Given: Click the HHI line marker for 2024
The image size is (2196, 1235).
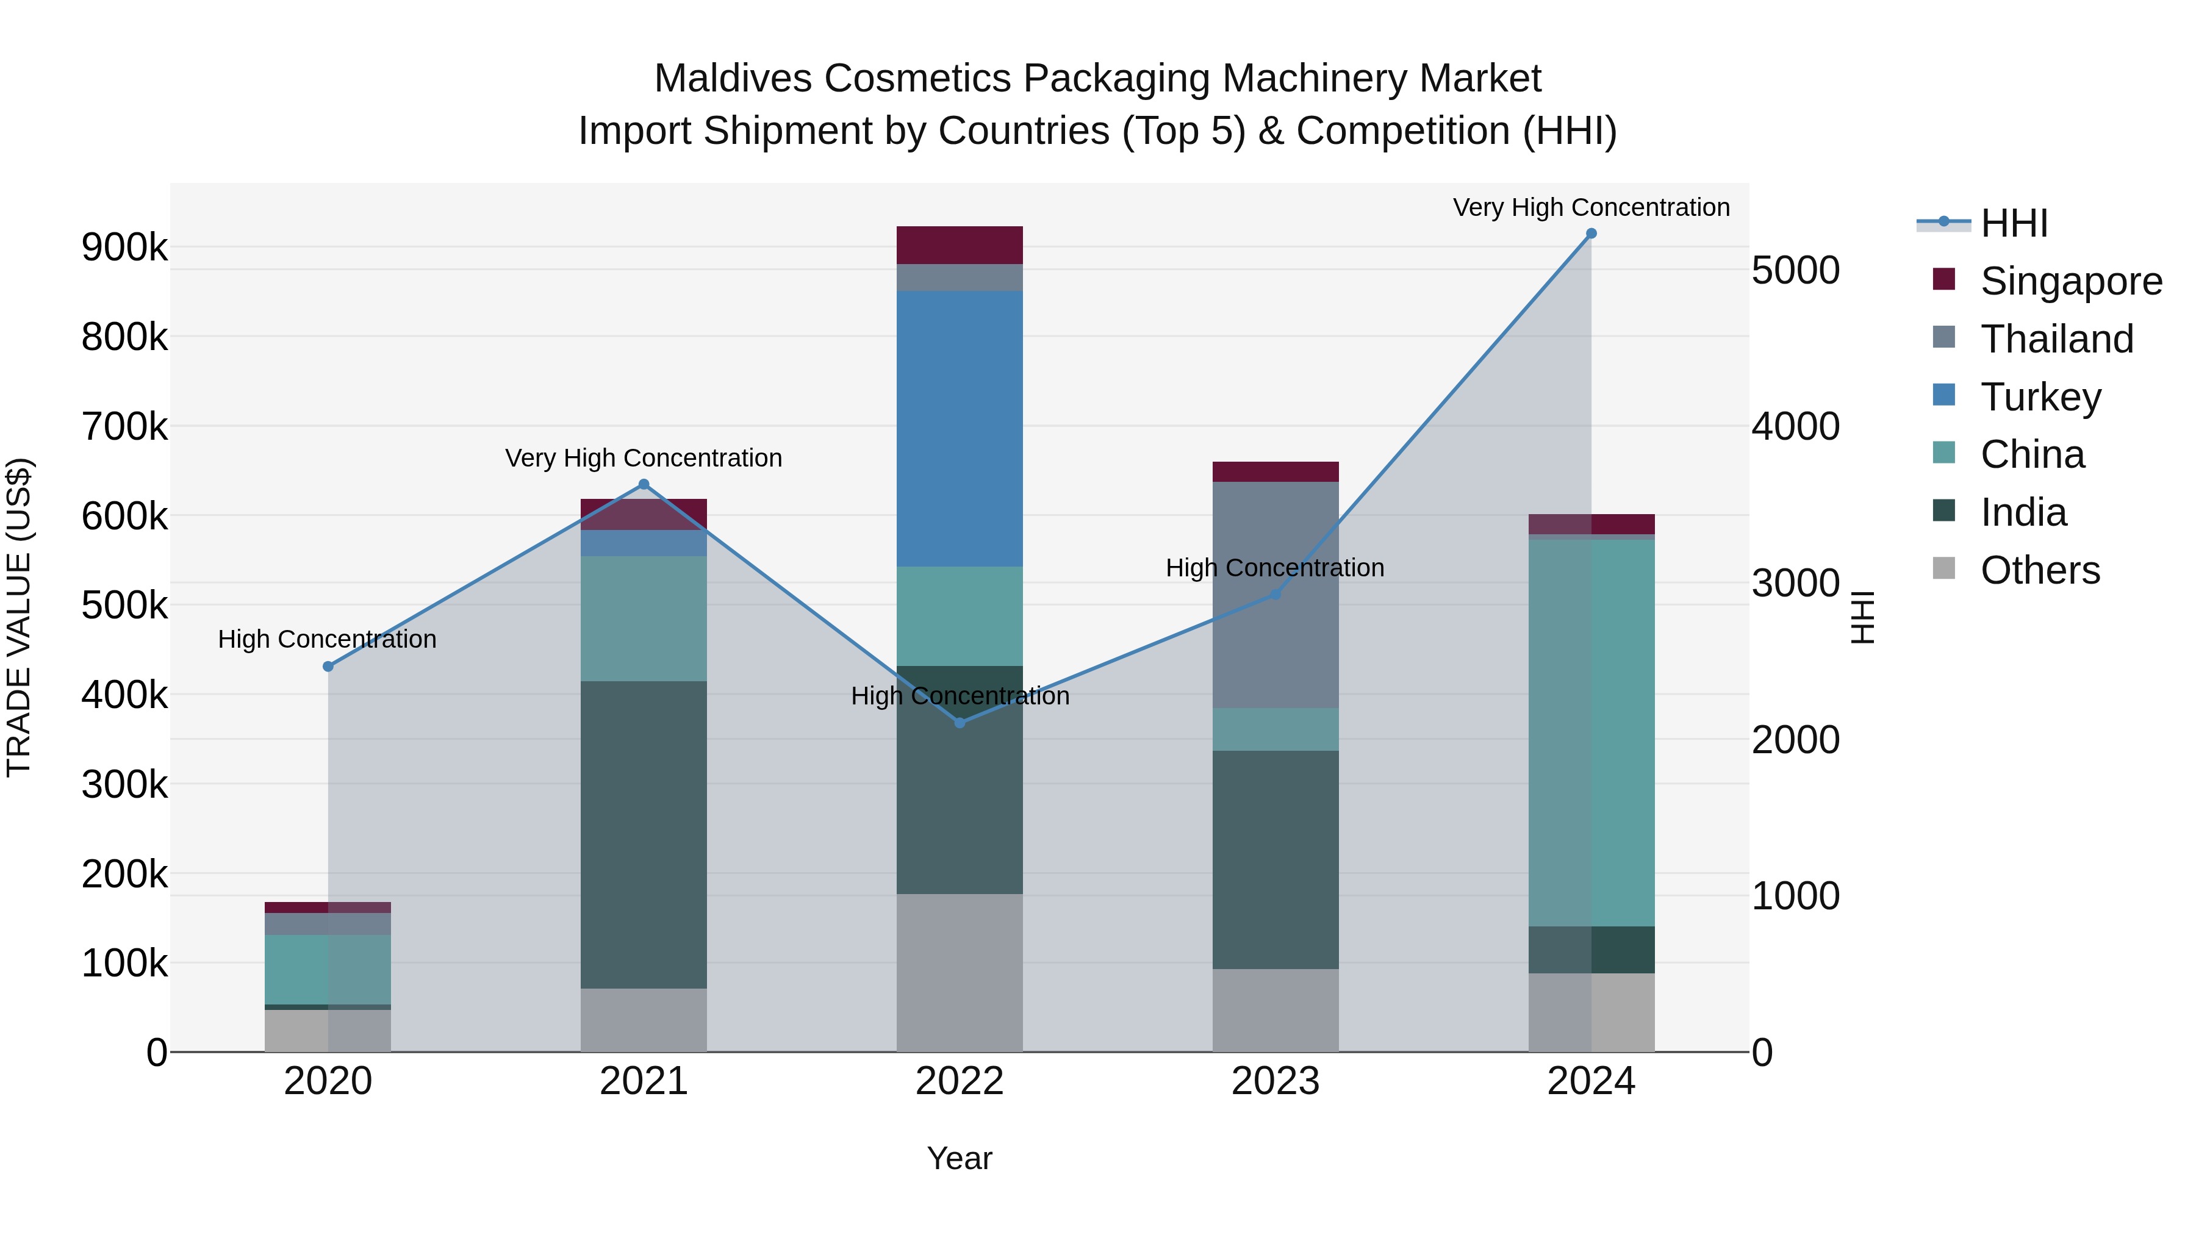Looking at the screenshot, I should click(x=1591, y=234).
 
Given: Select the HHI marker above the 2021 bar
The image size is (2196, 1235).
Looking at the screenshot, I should click(x=644, y=485).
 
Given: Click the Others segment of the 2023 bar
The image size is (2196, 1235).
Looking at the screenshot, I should click(x=1276, y=1010).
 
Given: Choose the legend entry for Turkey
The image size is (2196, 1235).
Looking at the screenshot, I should click(x=2040, y=397).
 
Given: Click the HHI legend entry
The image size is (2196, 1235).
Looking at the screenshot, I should click(x=2014, y=223).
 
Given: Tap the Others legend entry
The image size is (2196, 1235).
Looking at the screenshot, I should click(x=2040, y=570).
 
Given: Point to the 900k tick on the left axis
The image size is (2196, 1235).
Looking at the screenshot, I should click(x=124, y=248).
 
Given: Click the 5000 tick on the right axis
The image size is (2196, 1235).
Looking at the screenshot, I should click(x=1795, y=271).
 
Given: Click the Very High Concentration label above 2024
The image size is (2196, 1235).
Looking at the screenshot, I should click(x=1591, y=208).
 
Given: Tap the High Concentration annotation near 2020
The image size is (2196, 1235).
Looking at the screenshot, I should click(x=328, y=639).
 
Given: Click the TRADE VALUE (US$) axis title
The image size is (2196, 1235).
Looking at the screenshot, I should click(x=19, y=617).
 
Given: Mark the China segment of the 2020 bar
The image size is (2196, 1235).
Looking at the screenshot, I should click(x=328, y=969).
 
